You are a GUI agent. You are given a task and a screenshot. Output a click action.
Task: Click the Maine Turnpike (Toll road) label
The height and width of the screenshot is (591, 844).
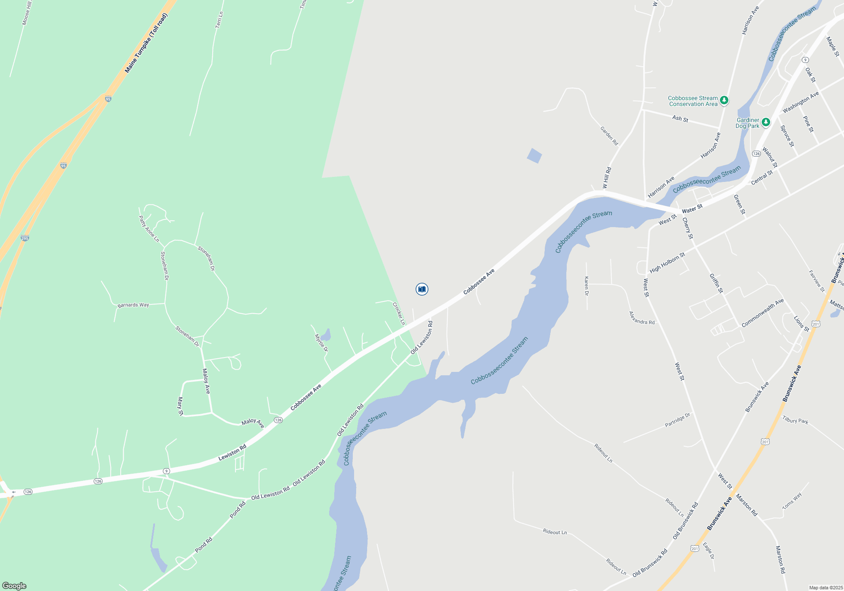click(146, 43)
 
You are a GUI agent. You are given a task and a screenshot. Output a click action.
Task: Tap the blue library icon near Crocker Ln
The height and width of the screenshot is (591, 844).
click(422, 289)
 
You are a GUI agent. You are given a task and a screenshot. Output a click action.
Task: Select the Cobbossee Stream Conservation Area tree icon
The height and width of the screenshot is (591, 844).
click(724, 100)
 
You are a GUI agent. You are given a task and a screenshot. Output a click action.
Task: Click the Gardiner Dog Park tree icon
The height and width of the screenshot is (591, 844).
click(766, 122)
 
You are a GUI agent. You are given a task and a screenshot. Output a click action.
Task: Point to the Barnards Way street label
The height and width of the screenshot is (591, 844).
click(133, 305)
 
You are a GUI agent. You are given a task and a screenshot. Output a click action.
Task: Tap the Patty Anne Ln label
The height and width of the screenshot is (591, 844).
click(149, 229)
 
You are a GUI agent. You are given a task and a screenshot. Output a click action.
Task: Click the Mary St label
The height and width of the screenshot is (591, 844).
click(181, 406)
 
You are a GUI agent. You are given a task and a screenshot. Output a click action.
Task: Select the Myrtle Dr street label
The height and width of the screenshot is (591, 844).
click(321, 343)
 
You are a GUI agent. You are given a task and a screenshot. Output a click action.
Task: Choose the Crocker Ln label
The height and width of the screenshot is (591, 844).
click(398, 313)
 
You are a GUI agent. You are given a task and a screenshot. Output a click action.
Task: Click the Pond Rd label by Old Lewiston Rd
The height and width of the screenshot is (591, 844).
click(238, 510)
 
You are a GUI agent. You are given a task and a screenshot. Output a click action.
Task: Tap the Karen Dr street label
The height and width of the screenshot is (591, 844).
click(586, 286)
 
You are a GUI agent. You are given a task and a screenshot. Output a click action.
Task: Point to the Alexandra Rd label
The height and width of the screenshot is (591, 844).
click(641, 318)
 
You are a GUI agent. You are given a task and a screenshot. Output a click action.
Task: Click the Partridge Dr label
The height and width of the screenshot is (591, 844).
click(677, 420)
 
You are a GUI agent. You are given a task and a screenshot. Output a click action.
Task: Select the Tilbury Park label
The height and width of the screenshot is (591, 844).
click(795, 420)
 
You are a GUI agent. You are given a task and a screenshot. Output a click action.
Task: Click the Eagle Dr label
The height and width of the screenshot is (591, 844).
click(709, 550)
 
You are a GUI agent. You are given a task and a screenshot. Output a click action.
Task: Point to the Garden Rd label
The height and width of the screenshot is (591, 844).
click(609, 136)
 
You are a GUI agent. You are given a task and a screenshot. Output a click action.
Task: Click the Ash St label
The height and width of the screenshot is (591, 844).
click(680, 119)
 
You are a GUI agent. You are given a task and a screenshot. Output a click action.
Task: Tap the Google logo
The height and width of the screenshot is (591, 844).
click(14, 586)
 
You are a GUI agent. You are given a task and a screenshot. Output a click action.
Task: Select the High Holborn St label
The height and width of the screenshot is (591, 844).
click(667, 263)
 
